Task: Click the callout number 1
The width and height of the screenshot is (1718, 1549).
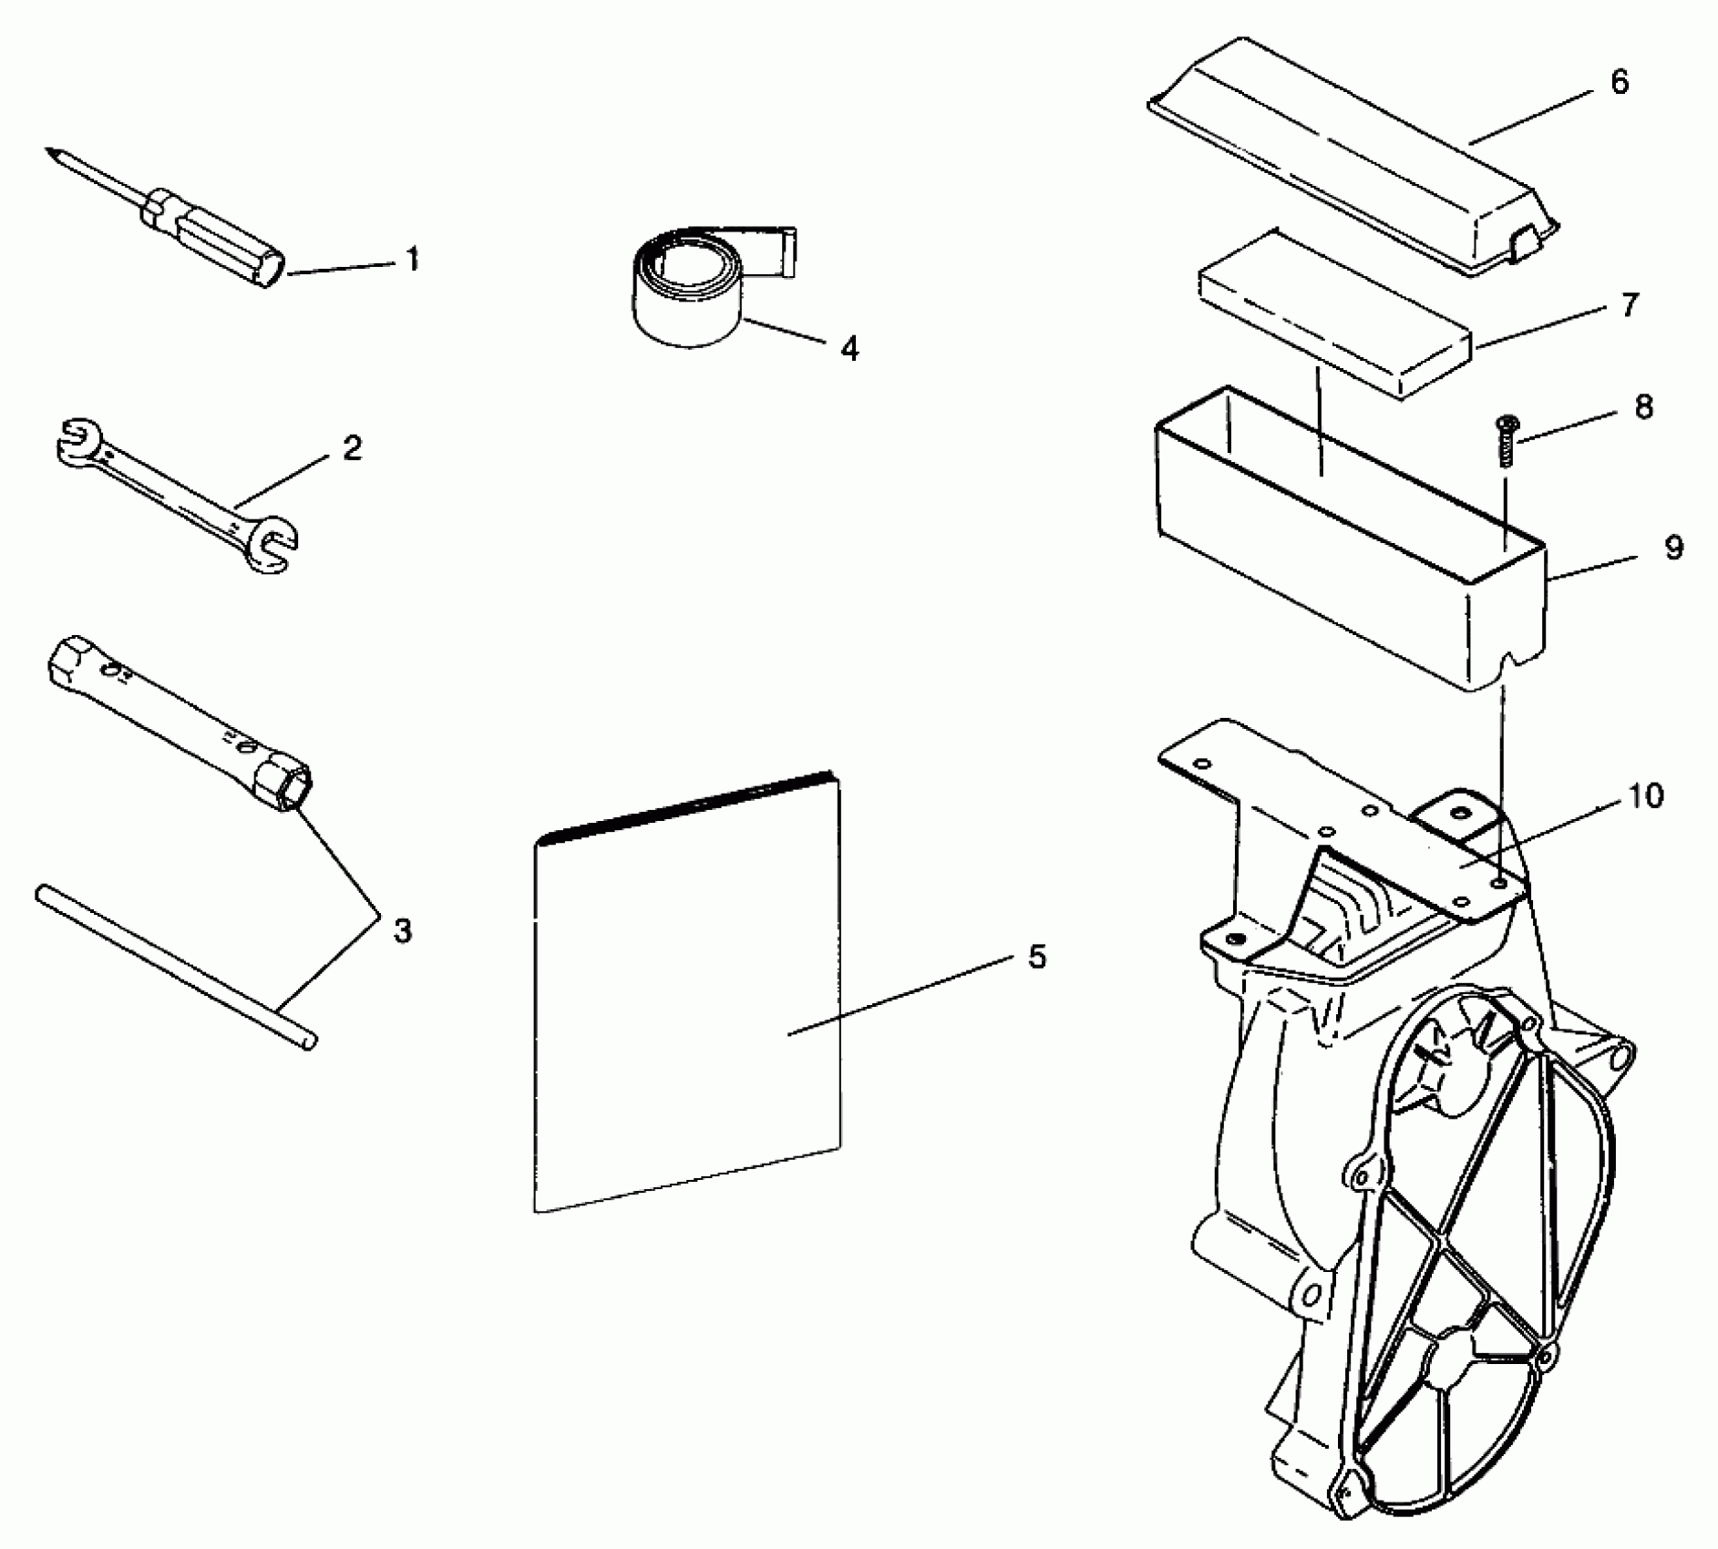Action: [413, 261]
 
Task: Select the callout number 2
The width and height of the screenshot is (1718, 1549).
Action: [353, 448]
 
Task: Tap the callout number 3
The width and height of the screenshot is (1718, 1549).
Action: [402, 930]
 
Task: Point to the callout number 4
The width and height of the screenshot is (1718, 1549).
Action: [849, 348]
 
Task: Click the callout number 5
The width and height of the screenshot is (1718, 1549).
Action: [1037, 957]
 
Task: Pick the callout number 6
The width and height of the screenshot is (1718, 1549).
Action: [1619, 82]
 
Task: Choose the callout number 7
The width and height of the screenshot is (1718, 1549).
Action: [1630, 305]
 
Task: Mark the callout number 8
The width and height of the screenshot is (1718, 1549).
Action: [1643, 407]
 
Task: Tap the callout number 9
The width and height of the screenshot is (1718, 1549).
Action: [1673, 548]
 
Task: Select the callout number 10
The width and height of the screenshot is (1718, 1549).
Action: [1645, 796]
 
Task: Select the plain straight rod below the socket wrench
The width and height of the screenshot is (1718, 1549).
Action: [173, 966]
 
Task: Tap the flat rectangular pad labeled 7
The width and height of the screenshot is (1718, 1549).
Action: [1335, 314]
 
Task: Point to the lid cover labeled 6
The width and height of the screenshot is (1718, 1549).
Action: [1349, 155]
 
